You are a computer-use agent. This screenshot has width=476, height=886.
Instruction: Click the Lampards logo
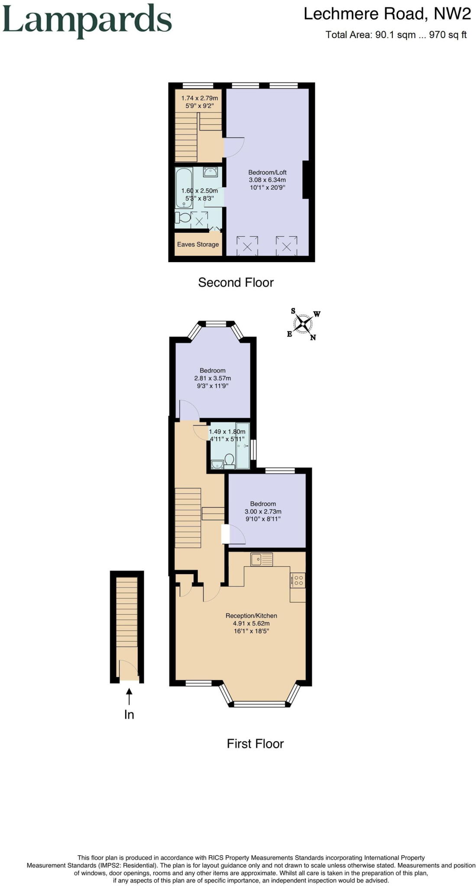(x=87, y=21)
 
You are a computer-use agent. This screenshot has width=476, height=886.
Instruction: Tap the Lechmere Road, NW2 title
(x=387, y=14)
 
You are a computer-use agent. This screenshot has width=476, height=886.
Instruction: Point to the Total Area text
(x=396, y=35)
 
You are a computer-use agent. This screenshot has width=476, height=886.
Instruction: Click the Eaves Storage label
(x=198, y=244)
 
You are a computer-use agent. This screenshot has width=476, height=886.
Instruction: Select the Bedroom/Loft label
(x=267, y=172)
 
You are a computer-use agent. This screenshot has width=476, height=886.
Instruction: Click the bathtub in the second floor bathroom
(x=184, y=188)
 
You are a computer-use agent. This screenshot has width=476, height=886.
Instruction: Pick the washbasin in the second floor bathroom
(x=210, y=172)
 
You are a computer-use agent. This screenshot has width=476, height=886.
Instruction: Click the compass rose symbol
(x=303, y=324)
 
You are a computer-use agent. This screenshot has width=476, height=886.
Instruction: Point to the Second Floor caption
(x=236, y=282)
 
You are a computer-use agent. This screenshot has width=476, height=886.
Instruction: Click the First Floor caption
(x=255, y=744)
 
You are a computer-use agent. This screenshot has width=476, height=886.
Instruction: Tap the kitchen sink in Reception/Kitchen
(x=261, y=559)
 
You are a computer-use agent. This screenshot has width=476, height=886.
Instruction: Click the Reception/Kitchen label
(x=251, y=616)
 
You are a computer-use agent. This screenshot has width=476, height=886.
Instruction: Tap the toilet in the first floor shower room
(x=229, y=461)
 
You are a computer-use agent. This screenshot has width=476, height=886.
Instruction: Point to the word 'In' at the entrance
(x=129, y=715)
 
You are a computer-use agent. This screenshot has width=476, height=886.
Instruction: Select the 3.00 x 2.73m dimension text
(x=263, y=511)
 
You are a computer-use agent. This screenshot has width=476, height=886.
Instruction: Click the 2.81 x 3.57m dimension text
(x=213, y=378)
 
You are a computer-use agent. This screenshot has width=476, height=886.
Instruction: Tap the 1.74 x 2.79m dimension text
(x=200, y=98)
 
